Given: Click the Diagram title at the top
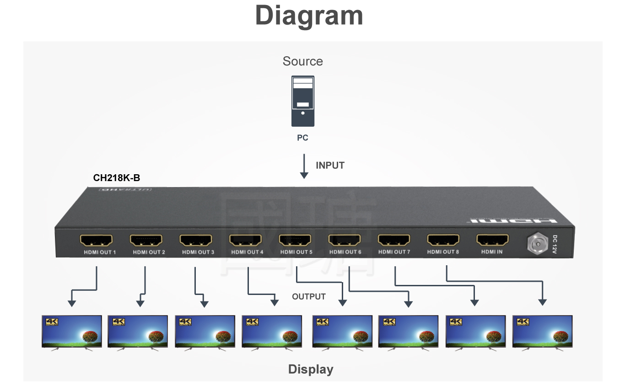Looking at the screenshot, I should pos(309,16).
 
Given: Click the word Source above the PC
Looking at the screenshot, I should pos(302,61).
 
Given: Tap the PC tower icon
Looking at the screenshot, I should pos(303,102).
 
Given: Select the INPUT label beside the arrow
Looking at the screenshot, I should pos(330,166).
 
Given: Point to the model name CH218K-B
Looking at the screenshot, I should pos(117,178).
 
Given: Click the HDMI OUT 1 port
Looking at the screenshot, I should pos(96,240).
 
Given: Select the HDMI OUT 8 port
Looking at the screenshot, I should pos(443,240).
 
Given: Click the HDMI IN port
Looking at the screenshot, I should pos(492,240).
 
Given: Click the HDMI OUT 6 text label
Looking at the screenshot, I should pos(345,252).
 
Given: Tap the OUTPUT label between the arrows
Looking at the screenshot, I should pos(309,297).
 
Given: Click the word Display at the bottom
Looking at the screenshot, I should pos(311,370).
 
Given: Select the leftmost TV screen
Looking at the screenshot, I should pos(72,331).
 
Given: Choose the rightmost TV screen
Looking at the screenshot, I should pos(542,331).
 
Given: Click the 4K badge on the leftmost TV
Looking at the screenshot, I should pos(52,322).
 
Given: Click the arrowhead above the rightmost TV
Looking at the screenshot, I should pos(542,302).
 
